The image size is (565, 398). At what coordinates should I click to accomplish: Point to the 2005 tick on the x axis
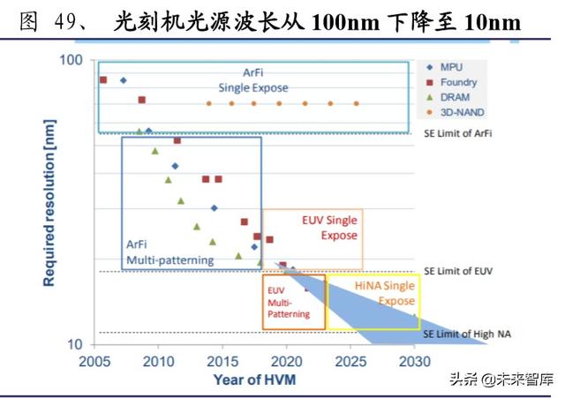click(94, 362)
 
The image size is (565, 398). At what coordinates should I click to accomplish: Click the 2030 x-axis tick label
click(414, 362)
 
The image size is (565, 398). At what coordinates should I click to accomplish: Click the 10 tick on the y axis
click(74, 344)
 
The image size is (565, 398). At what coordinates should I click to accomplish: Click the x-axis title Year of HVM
click(253, 379)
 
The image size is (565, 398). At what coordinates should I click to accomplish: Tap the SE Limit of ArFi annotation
click(456, 133)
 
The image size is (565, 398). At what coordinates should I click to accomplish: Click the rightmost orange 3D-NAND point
click(357, 103)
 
